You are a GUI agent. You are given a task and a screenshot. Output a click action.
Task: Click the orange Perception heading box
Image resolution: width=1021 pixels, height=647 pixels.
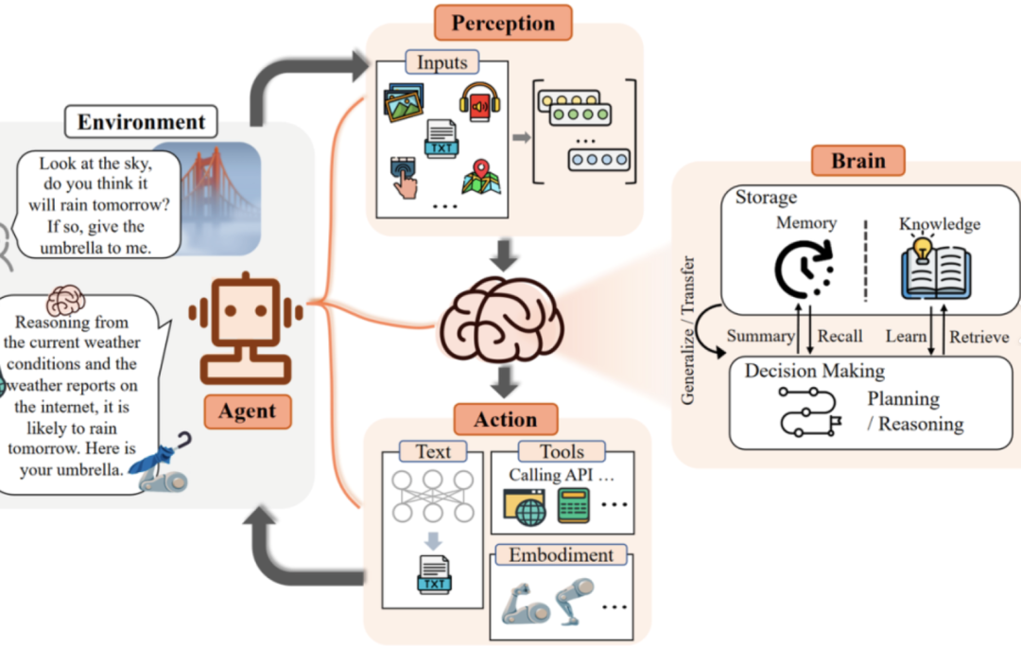tap(503, 23)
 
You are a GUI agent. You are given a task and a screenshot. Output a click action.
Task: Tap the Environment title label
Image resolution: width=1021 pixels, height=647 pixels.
tap(141, 122)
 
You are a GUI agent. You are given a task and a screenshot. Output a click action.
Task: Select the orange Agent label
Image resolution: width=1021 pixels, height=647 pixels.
tap(248, 411)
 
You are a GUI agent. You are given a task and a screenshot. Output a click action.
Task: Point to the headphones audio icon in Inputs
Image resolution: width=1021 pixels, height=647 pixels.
tap(479, 101)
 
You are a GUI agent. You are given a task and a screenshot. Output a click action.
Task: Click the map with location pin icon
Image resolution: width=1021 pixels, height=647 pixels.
tap(481, 177)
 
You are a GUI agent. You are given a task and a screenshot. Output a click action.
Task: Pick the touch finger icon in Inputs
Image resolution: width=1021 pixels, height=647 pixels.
tap(403, 177)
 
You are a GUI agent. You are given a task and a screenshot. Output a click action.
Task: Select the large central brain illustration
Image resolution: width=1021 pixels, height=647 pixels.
tap(502, 321)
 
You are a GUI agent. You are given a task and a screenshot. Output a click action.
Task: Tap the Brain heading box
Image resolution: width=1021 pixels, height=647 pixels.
tap(858, 160)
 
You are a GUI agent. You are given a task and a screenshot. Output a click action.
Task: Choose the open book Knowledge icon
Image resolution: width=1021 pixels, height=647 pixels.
tap(936, 269)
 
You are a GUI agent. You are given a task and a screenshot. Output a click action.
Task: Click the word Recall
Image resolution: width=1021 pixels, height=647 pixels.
tap(840, 336)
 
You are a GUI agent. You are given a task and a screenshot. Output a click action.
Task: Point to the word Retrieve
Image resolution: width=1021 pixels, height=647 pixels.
tap(978, 337)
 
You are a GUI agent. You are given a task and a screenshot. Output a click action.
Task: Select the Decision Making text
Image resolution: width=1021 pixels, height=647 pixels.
tap(815, 371)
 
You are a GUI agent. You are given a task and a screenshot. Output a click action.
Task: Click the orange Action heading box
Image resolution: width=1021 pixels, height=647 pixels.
tap(506, 419)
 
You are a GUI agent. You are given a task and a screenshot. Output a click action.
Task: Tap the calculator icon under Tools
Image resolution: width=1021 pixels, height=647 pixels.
tap(574, 506)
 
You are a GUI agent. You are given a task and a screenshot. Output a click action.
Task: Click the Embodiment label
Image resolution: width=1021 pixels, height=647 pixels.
tap(561, 554)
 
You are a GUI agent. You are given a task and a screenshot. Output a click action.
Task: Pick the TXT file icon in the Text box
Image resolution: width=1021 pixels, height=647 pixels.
tap(434, 574)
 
